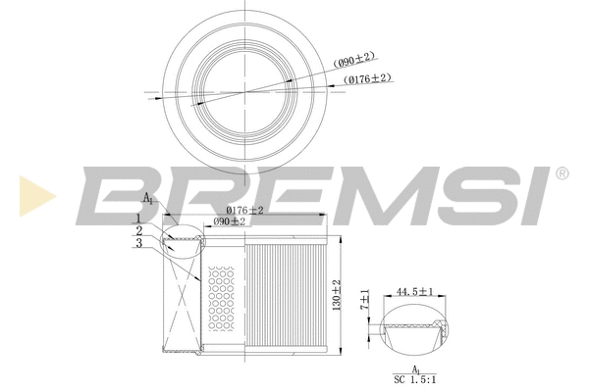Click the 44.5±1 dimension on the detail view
[x=414, y=291]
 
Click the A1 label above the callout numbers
[x=147, y=199]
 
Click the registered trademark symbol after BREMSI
[x=561, y=173]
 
